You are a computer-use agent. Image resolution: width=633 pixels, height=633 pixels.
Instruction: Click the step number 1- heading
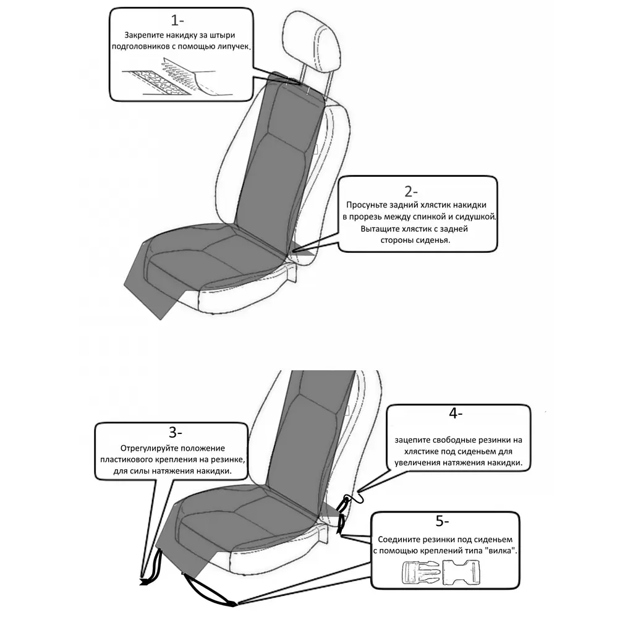point(177,20)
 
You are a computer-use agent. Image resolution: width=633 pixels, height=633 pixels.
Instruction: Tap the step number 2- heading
point(411,191)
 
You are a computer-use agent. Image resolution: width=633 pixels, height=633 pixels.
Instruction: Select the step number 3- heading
point(176,432)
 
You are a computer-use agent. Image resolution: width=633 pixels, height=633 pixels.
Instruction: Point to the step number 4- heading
point(456,413)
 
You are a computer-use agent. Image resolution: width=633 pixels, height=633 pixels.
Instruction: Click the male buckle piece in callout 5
point(420,572)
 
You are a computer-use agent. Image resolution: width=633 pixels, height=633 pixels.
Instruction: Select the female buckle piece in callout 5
point(461,572)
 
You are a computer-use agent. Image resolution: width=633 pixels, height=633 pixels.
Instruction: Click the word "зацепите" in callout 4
point(412,440)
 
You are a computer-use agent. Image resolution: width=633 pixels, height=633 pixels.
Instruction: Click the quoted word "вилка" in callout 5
point(503,550)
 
